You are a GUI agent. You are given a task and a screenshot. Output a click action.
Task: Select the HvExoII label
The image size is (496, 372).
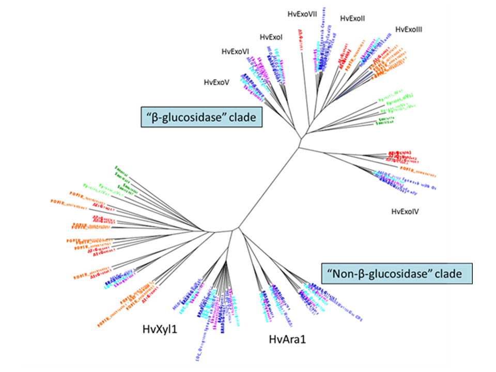[x=353, y=18]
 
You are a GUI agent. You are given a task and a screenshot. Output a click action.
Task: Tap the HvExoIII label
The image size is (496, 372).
[x=409, y=29]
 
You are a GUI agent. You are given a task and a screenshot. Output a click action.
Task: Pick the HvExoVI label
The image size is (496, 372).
[x=236, y=52]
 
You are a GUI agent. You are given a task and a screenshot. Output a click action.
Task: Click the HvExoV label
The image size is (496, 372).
[x=217, y=82]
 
